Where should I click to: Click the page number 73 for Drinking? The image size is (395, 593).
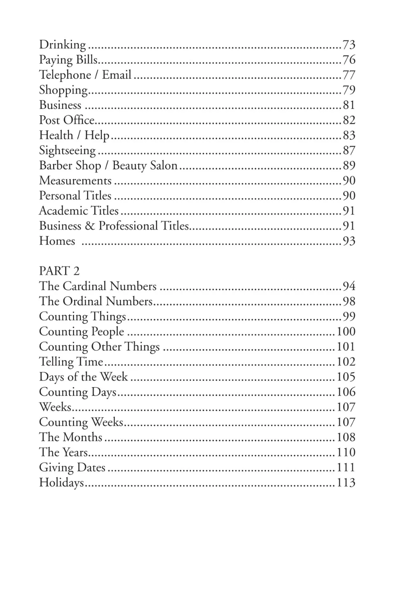[x=349, y=44]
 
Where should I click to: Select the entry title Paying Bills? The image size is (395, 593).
[x=68, y=60]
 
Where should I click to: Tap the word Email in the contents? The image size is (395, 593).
[x=116, y=75]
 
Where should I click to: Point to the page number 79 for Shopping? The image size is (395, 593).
[x=349, y=90]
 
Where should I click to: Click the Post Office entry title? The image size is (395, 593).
[x=67, y=120]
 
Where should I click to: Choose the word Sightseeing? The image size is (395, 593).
[x=67, y=151]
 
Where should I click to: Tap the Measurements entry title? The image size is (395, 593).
[x=75, y=181]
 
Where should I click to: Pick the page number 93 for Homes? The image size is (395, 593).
[x=349, y=241]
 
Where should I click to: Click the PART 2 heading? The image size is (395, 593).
[x=59, y=271]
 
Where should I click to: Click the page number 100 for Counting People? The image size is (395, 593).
[x=346, y=332]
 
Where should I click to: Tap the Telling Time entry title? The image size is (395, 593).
[x=71, y=362]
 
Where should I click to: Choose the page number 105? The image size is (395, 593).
[x=346, y=377]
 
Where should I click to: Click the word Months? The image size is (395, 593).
[x=83, y=437]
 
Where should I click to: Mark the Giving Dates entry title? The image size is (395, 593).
[x=72, y=467]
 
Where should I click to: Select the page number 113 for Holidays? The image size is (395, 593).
[x=346, y=483]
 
